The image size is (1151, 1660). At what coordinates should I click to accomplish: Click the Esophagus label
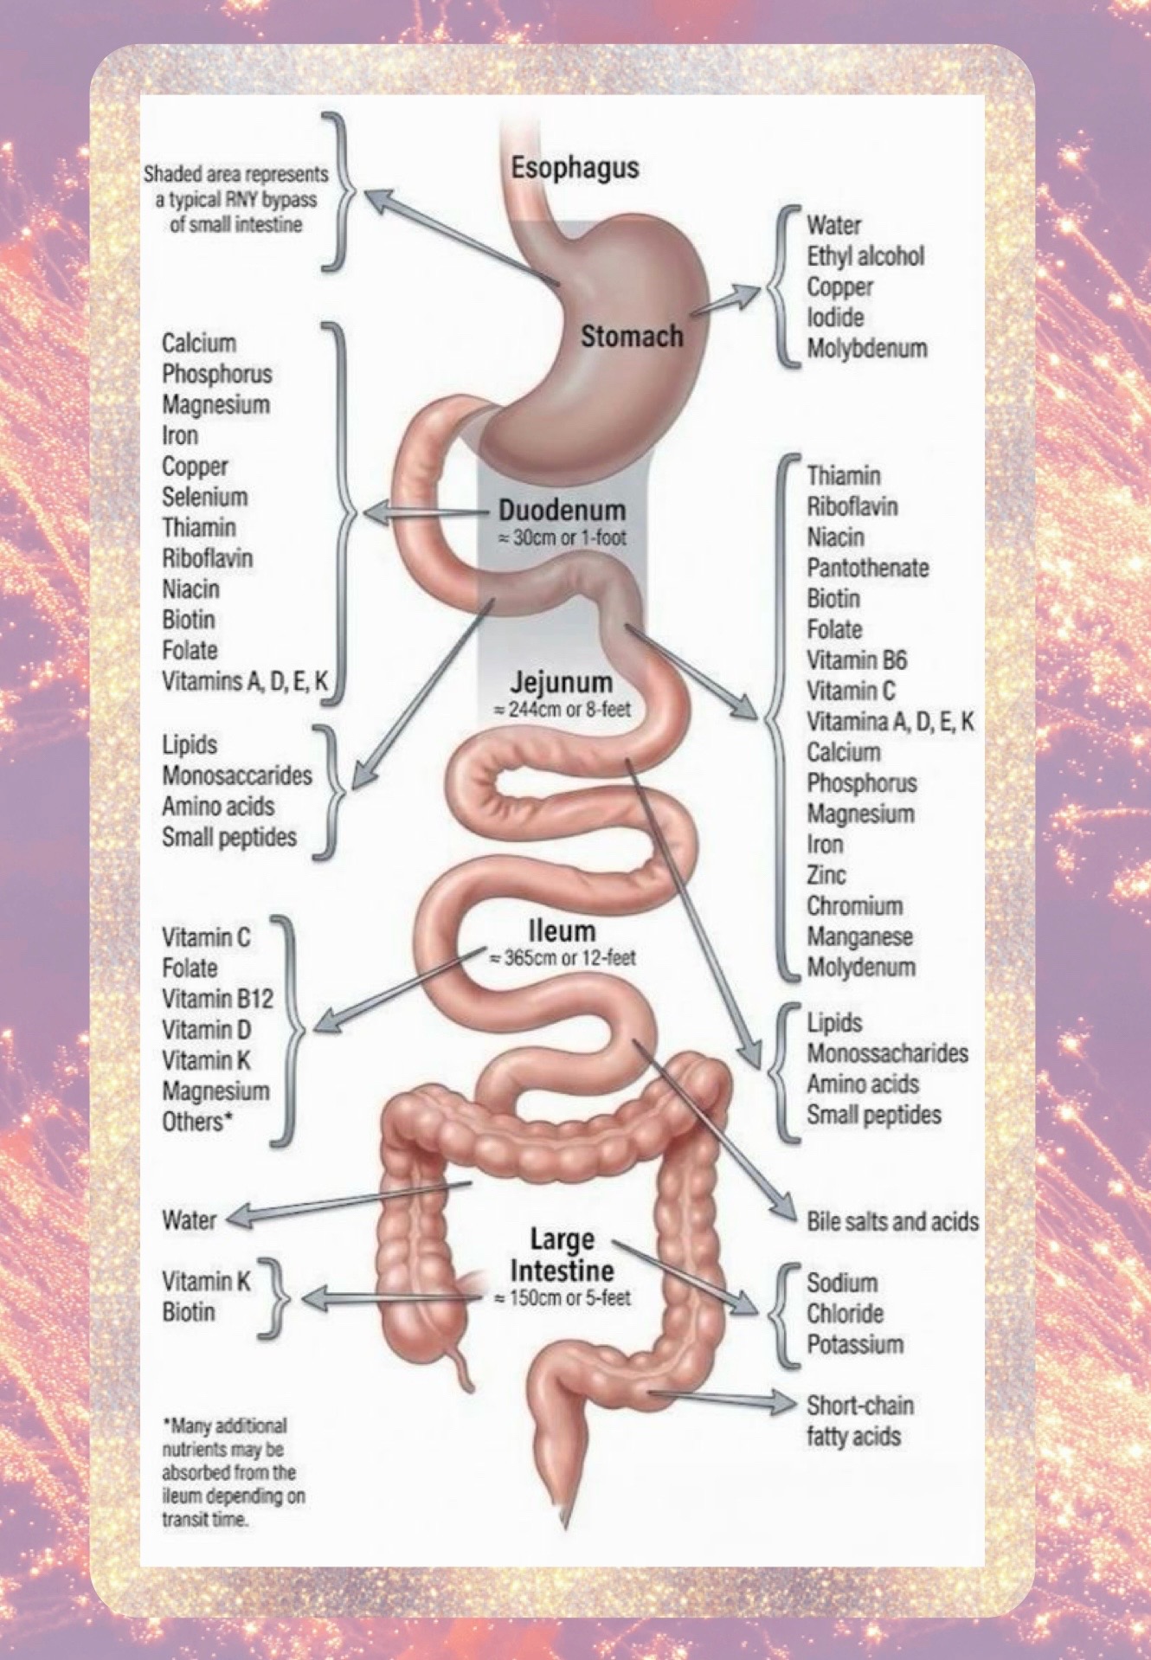pos(575,167)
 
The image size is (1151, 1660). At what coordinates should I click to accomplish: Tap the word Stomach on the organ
pos(632,336)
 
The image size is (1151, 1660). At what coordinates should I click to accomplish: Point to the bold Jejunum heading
pos(561,682)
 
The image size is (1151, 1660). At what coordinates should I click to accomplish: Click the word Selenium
pos(205,497)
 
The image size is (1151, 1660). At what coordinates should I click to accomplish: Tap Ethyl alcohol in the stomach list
pos(865,256)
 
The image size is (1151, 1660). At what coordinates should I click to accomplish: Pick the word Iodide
pos(835,318)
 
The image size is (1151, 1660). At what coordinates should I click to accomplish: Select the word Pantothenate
pos(868,568)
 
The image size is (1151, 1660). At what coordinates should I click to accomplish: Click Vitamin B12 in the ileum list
pos(217,999)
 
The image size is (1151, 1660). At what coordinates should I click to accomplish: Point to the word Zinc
pos(826,875)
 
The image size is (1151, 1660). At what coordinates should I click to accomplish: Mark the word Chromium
pos(855,906)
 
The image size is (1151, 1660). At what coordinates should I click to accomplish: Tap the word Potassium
pos(855,1344)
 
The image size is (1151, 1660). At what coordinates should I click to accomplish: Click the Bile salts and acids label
pos(892,1221)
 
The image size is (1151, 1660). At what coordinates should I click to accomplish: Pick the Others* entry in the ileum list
pos(197,1122)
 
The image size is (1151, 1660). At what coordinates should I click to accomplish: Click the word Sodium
pos(842,1283)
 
